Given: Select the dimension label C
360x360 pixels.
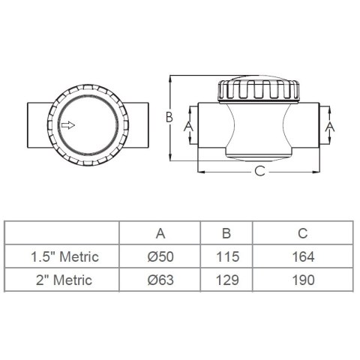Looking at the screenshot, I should pyautogui.click(x=259, y=171).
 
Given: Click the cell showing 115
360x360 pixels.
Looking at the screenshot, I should pyautogui.click(x=227, y=257).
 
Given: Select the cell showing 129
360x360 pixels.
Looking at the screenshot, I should pyautogui.click(x=227, y=280).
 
